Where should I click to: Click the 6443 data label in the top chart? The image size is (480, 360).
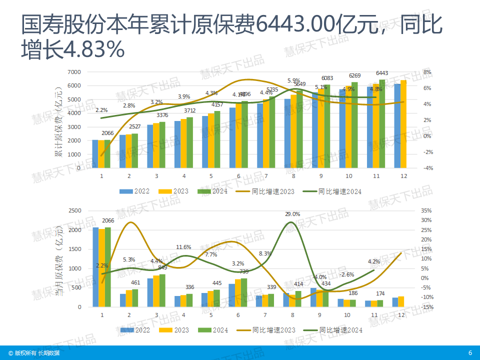click(382, 73)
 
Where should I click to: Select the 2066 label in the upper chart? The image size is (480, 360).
click(108, 133)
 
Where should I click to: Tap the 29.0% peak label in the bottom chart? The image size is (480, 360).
click(292, 214)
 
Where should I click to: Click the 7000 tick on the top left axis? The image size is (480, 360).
click(74, 72)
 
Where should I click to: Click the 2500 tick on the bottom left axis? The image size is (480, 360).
click(74, 211)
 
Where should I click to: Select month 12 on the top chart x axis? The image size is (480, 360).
click(402, 176)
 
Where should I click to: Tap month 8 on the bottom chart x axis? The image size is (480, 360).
click(293, 315)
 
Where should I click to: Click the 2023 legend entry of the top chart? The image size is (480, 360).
click(174, 191)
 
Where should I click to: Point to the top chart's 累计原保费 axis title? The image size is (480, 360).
click(59, 121)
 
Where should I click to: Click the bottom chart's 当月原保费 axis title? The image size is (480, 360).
click(59, 260)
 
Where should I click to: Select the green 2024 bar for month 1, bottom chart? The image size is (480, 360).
click(107, 267)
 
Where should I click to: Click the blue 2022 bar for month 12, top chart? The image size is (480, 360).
click(397, 126)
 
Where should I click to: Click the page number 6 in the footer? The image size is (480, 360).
click(470, 353)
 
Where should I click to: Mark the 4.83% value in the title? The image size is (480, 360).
click(93, 49)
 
